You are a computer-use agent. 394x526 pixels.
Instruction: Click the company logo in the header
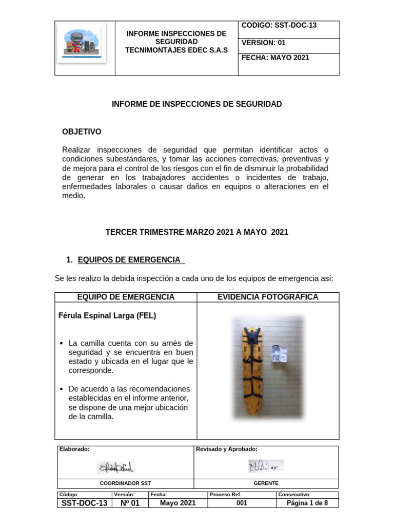[x=85, y=43]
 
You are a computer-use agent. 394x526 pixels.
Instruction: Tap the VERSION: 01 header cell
[x=263, y=43]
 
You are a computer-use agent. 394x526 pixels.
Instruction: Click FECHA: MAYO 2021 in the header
[x=275, y=58]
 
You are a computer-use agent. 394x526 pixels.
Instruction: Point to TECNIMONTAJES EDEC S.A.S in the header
[x=176, y=50]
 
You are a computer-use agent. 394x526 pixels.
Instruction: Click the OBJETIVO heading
[x=82, y=132]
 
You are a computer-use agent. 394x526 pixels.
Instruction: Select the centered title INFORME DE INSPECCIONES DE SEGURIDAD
[x=197, y=104]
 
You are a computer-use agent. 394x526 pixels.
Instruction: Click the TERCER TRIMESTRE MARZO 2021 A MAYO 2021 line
[x=197, y=232]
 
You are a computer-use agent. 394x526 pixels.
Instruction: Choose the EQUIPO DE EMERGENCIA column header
[x=126, y=297]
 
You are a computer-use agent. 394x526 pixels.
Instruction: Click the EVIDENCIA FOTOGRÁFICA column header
[x=268, y=297]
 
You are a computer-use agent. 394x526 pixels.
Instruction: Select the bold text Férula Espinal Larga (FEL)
[x=108, y=316]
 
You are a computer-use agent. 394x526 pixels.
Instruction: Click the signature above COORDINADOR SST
[x=115, y=467]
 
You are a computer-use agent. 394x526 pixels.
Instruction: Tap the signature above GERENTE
[x=266, y=466]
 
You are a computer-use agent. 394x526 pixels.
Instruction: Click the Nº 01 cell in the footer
[x=130, y=503]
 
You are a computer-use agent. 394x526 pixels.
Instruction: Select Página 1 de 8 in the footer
[x=307, y=503]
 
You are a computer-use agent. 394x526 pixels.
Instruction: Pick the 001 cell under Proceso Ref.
[x=242, y=503]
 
